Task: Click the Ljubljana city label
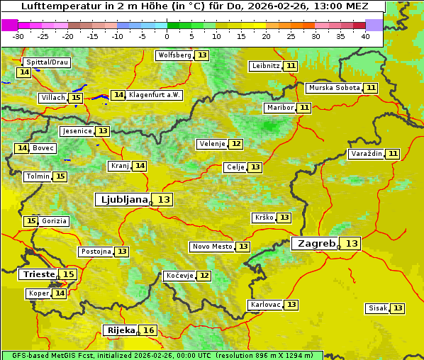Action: point(122,200)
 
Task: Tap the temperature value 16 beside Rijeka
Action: point(148,330)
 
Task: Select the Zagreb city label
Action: point(315,244)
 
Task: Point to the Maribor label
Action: point(279,108)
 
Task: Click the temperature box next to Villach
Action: point(76,98)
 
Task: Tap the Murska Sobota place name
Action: point(333,88)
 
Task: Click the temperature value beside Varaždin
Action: point(393,154)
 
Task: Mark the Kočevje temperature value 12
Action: point(204,276)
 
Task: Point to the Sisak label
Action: point(377,308)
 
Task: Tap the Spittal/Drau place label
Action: point(47,62)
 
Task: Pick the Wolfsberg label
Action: point(174,55)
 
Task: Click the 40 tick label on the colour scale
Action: point(365,36)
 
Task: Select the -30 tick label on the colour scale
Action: point(18,36)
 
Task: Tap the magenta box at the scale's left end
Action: point(9,25)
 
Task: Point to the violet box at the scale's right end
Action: point(374,25)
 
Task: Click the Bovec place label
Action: point(43,148)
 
